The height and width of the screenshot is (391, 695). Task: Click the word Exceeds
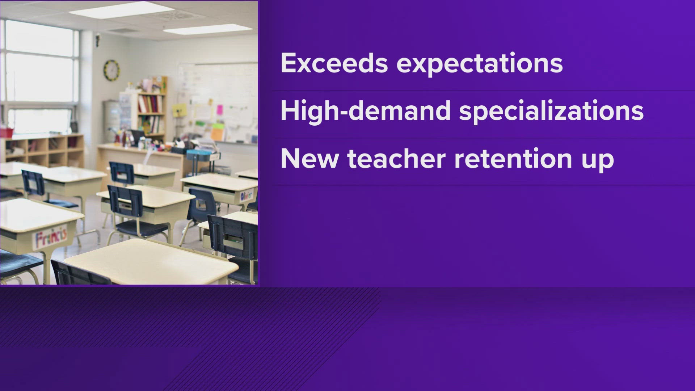click(x=334, y=63)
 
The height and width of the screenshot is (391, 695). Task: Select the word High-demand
click(x=365, y=111)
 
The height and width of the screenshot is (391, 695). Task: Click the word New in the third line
click(x=309, y=159)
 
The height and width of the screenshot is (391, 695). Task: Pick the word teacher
click(x=396, y=159)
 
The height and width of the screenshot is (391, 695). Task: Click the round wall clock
click(x=111, y=70)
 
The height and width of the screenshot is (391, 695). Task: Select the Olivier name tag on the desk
click(x=247, y=195)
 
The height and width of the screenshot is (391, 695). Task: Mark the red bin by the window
click(x=6, y=132)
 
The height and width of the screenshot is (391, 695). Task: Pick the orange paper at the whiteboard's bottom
click(x=217, y=134)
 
